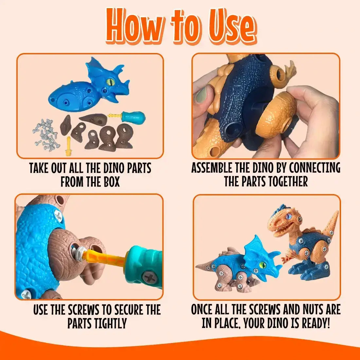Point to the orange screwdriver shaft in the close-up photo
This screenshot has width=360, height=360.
pos(105,259)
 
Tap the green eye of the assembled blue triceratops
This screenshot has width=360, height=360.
pos(262,264)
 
